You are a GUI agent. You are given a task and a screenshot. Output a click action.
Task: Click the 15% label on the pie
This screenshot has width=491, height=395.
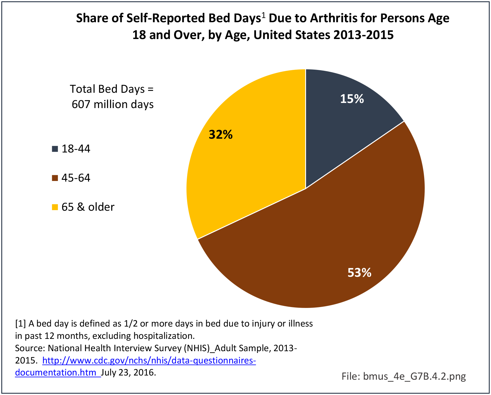coord(352,99)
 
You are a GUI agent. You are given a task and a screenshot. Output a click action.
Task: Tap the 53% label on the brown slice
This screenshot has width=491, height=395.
coord(359,273)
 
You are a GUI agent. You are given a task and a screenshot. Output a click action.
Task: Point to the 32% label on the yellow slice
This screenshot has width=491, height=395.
coord(221,134)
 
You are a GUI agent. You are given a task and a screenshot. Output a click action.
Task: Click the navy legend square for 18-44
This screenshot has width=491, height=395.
coord(55,149)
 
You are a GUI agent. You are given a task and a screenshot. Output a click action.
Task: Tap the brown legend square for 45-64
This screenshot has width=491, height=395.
coord(55,178)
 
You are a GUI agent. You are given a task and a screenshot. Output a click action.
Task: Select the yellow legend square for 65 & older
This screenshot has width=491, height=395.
coord(55,207)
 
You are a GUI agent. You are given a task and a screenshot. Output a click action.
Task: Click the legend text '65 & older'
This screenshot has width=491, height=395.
coord(88,207)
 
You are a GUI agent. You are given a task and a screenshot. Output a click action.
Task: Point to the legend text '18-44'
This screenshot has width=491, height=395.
coord(76,149)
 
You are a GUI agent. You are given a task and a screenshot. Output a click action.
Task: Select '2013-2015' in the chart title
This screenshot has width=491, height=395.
coord(362,35)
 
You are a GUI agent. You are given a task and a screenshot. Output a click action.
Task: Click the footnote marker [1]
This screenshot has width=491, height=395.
coord(20,324)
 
